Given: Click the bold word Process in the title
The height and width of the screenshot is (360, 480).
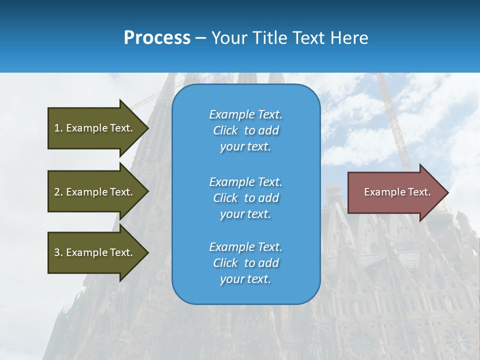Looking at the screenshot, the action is click(157, 38).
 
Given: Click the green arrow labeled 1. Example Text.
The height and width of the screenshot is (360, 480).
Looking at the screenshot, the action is click(98, 128).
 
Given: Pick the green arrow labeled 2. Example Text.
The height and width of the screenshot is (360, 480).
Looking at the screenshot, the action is click(98, 191).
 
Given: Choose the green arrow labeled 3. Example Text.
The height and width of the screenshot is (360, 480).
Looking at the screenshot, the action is click(98, 253).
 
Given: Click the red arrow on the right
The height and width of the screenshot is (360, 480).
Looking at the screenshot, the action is click(398, 192).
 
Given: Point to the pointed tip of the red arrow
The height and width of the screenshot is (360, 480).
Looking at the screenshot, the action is click(448, 192).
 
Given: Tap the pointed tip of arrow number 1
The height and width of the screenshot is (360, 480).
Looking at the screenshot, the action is click(149, 128).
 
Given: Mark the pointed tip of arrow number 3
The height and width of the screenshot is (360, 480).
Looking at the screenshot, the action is click(149, 253).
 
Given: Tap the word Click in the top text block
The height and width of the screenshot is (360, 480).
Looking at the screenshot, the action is click(225, 130).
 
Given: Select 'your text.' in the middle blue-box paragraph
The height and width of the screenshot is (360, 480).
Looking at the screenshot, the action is click(245, 214).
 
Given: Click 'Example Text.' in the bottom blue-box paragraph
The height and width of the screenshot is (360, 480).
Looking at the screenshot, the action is click(246, 246).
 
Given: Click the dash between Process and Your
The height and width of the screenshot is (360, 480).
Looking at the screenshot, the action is click(201, 39).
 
